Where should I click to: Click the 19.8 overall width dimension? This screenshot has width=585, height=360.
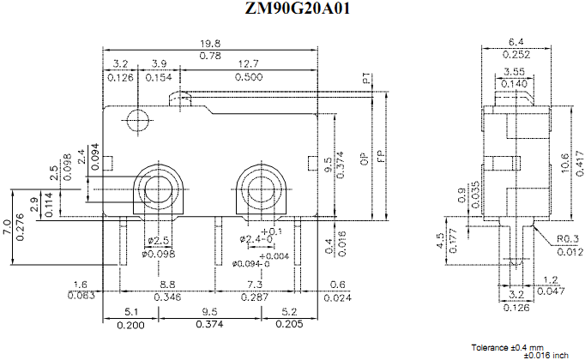click(210, 44)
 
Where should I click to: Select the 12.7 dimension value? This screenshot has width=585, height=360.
click(250, 64)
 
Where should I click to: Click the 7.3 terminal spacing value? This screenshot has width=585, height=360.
click(256, 284)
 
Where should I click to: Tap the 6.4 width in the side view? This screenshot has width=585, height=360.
click(516, 40)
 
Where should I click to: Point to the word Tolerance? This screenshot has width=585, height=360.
click(490, 346)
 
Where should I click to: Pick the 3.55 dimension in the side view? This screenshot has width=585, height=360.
click(515, 71)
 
